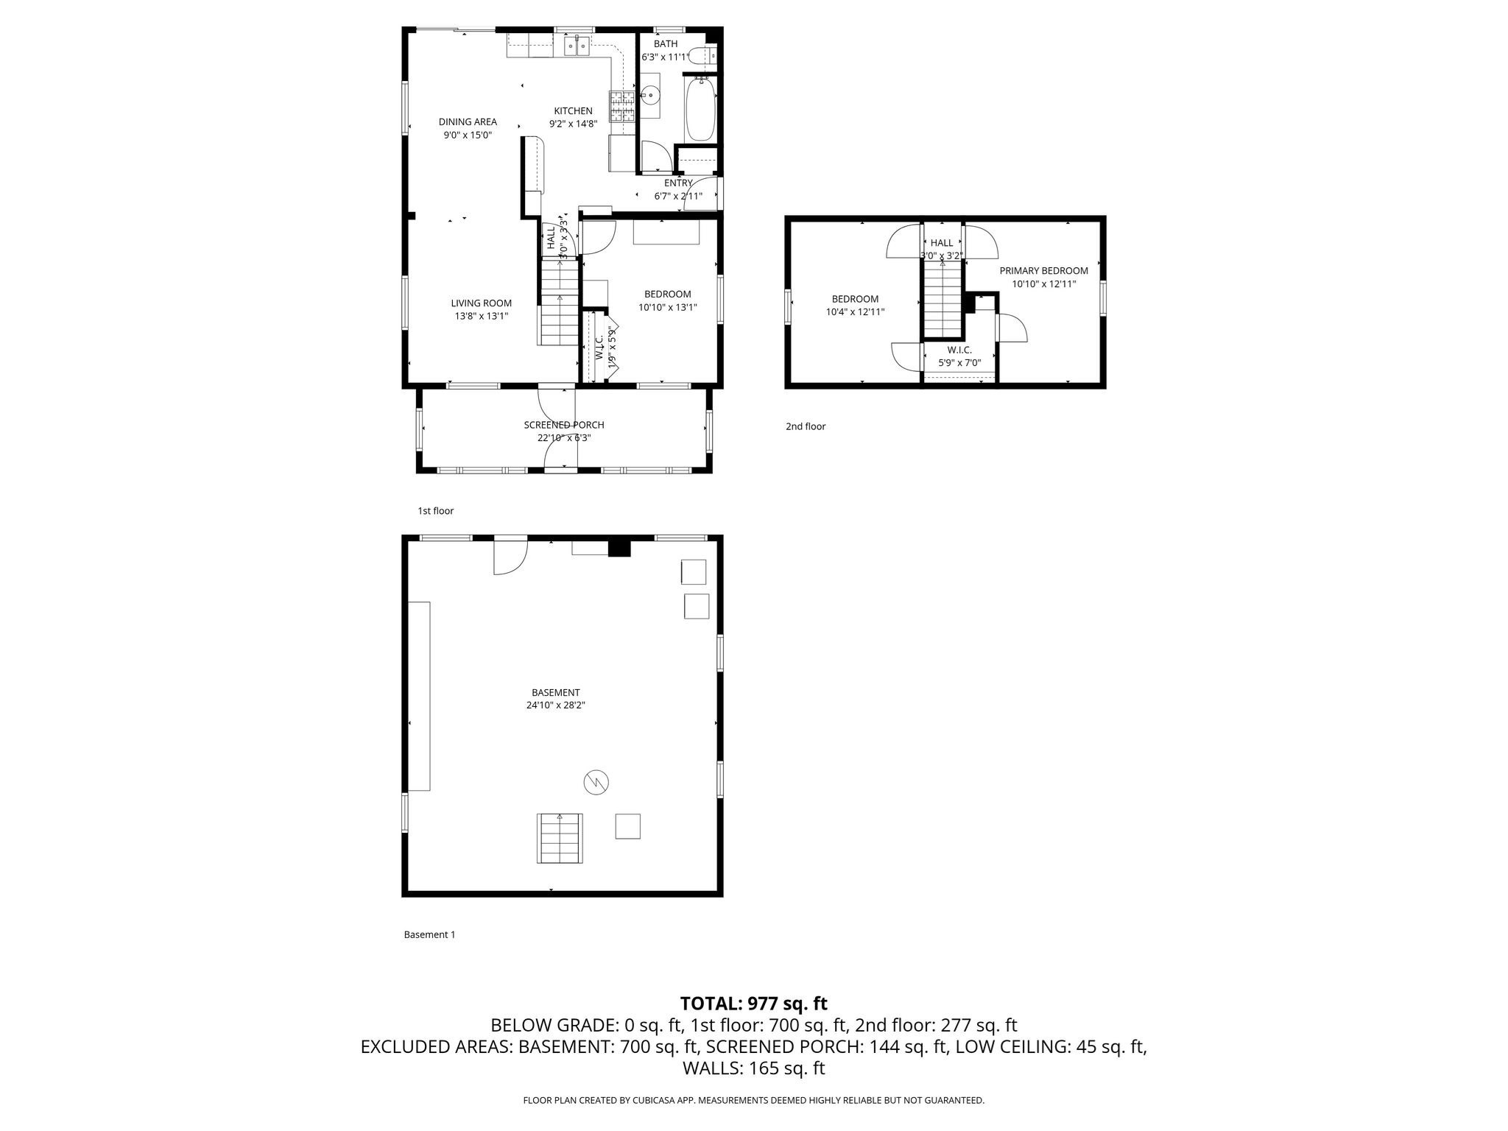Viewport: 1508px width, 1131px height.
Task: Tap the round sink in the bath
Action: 650,94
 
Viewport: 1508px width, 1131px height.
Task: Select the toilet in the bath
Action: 706,55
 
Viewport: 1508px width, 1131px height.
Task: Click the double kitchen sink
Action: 577,47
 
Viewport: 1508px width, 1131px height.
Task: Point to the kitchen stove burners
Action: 621,106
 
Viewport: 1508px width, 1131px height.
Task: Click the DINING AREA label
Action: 468,122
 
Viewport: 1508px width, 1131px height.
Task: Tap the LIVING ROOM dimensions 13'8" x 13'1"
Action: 481,316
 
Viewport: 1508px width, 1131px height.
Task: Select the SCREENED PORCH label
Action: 564,425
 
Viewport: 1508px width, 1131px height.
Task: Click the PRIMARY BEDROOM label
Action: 1043,271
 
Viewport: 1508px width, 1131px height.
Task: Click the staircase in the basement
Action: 560,838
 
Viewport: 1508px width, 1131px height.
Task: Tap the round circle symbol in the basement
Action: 596,782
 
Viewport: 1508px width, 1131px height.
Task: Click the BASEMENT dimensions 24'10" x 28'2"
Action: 556,705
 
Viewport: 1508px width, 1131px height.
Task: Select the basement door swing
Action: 510,557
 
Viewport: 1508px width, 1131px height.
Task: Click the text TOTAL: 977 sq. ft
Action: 753,1004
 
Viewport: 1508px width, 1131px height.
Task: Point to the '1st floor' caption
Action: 436,511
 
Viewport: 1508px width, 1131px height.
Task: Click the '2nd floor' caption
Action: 806,426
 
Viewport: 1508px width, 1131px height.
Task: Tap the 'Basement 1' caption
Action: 429,935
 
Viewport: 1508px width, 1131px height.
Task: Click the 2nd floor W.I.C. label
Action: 959,350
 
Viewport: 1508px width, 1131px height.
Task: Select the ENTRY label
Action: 678,183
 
